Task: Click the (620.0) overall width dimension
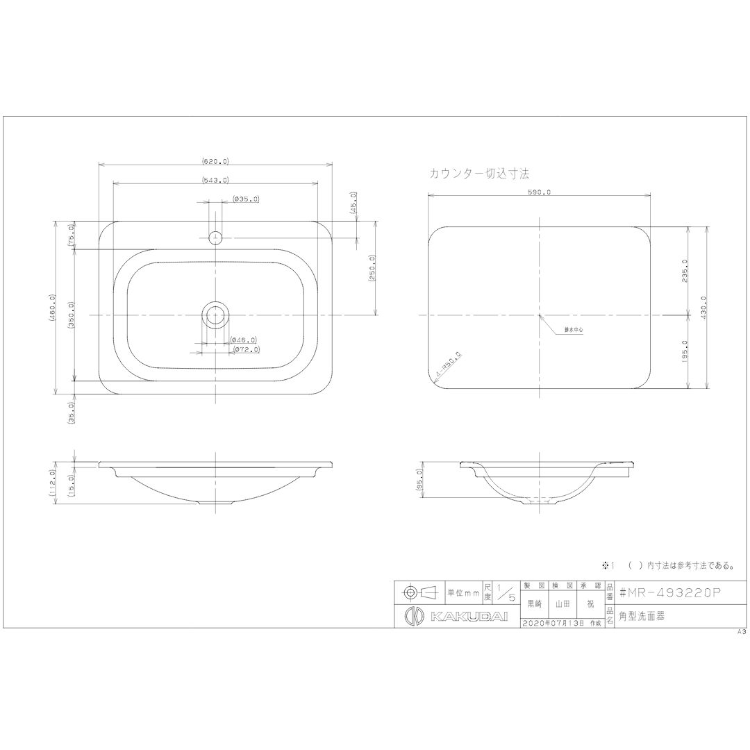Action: pyautogui.click(x=215, y=161)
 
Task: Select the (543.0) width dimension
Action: pyautogui.click(x=215, y=180)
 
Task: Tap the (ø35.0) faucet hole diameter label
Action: pyautogui.click(x=246, y=199)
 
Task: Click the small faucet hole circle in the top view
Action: pyautogui.click(x=216, y=237)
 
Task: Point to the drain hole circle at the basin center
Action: pyautogui.click(x=216, y=315)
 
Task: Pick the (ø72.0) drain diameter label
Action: pyautogui.click(x=245, y=350)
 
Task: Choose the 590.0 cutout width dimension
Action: pyautogui.click(x=540, y=192)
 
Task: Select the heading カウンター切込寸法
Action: pyautogui.click(x=480, y=173)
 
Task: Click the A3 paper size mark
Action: pyautogui.click(x=741, y=633)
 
